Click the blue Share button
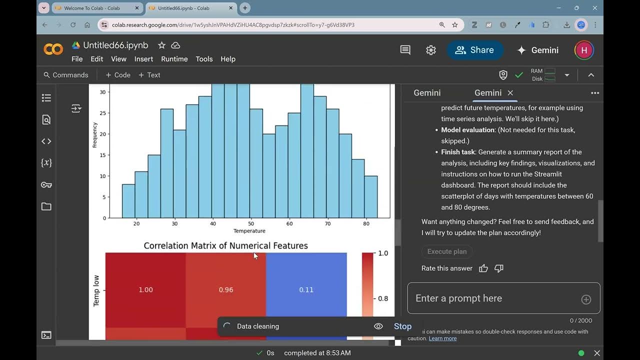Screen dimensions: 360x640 coord(474,50)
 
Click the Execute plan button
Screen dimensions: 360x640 coord(446,251)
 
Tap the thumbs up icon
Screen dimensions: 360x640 coord(483,268)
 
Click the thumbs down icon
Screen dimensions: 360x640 coord(498,268)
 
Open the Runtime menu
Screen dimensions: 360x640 coord(174,59)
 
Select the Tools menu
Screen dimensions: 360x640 coord(204,59)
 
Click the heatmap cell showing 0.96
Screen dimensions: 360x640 coord(226,289)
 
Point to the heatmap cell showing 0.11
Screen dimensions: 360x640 coord(306,289)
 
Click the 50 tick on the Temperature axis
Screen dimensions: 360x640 coord(251,223)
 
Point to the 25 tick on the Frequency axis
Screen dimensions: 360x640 coord(102,113)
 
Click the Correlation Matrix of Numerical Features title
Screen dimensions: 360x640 coord(225,245)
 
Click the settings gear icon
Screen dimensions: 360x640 coord(431,50)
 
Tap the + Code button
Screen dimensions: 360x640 coord(118,75)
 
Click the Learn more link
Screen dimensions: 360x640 coord(442,338)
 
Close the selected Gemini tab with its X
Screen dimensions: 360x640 coord(510,92)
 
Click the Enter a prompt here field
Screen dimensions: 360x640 coord(495,298)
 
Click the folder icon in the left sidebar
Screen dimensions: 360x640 coord(46,206)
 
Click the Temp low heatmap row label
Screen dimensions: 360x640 coord(96,290)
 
